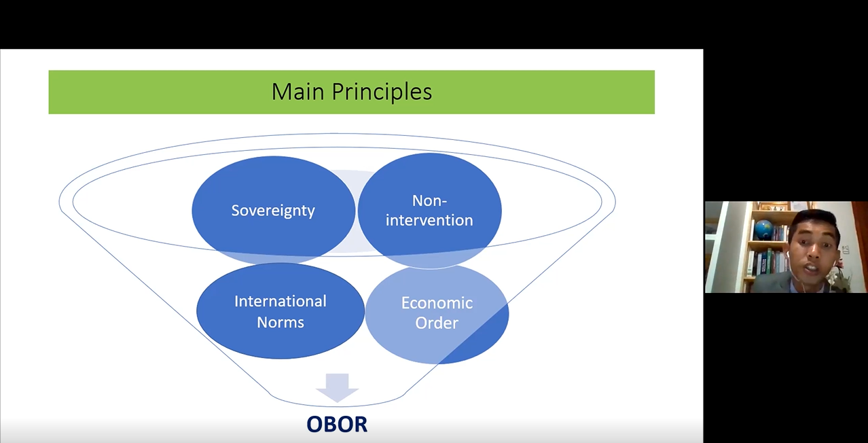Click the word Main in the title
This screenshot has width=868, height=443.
(x=297, y=92)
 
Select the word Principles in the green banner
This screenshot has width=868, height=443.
(x=382, y=93)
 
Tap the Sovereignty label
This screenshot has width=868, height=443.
(x=273, y=211)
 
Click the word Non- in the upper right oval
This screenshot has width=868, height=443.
(x=429, y=200)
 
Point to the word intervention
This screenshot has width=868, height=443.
(x=429, y=220)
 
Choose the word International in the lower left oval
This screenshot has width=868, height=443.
(x=280, y=301)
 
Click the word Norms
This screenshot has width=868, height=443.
(x=280, y=322)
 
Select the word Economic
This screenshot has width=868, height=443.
(x=437, y=303)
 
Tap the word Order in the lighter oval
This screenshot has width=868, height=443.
(x=437, y=323)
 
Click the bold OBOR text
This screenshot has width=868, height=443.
(x=337, y=424)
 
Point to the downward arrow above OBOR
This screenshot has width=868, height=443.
(x=337, y=388)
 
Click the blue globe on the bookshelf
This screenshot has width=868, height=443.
(x=764, y=230)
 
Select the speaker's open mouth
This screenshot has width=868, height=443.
(x=811, y=268)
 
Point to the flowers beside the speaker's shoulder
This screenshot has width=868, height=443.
(x=840, y=275)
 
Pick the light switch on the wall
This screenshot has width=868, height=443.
(x=846, y=250)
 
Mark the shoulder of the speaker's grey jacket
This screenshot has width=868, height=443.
(x=770, y=281)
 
